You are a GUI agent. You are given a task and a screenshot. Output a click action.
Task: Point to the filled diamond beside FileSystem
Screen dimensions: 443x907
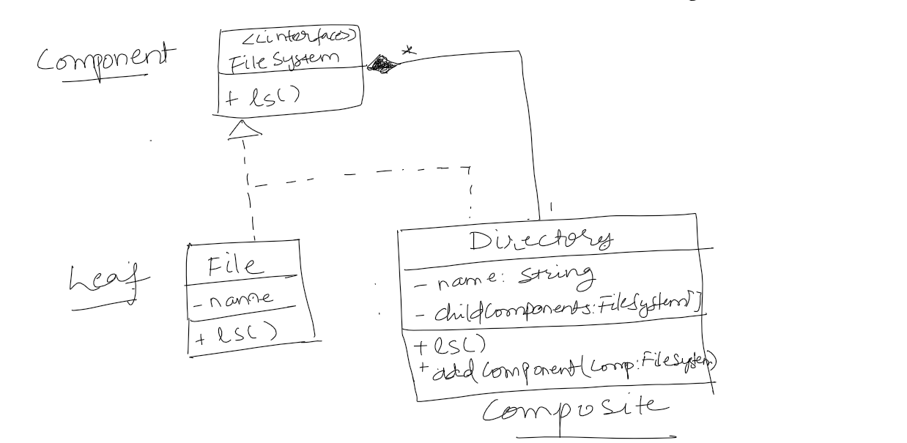click(x=381, y=64)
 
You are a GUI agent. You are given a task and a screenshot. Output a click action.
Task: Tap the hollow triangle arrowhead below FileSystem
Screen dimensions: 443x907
click(x=244, y=130)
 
